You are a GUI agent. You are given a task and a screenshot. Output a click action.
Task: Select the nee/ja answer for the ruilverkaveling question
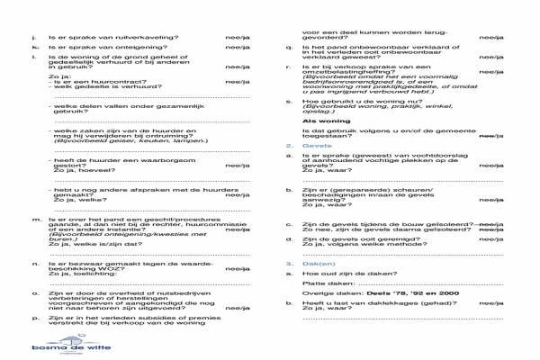tap(238, 38)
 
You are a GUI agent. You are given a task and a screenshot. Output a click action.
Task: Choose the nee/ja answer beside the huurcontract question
tap(238, 80)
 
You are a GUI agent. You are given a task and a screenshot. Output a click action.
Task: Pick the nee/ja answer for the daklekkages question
tap(491, 304)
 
